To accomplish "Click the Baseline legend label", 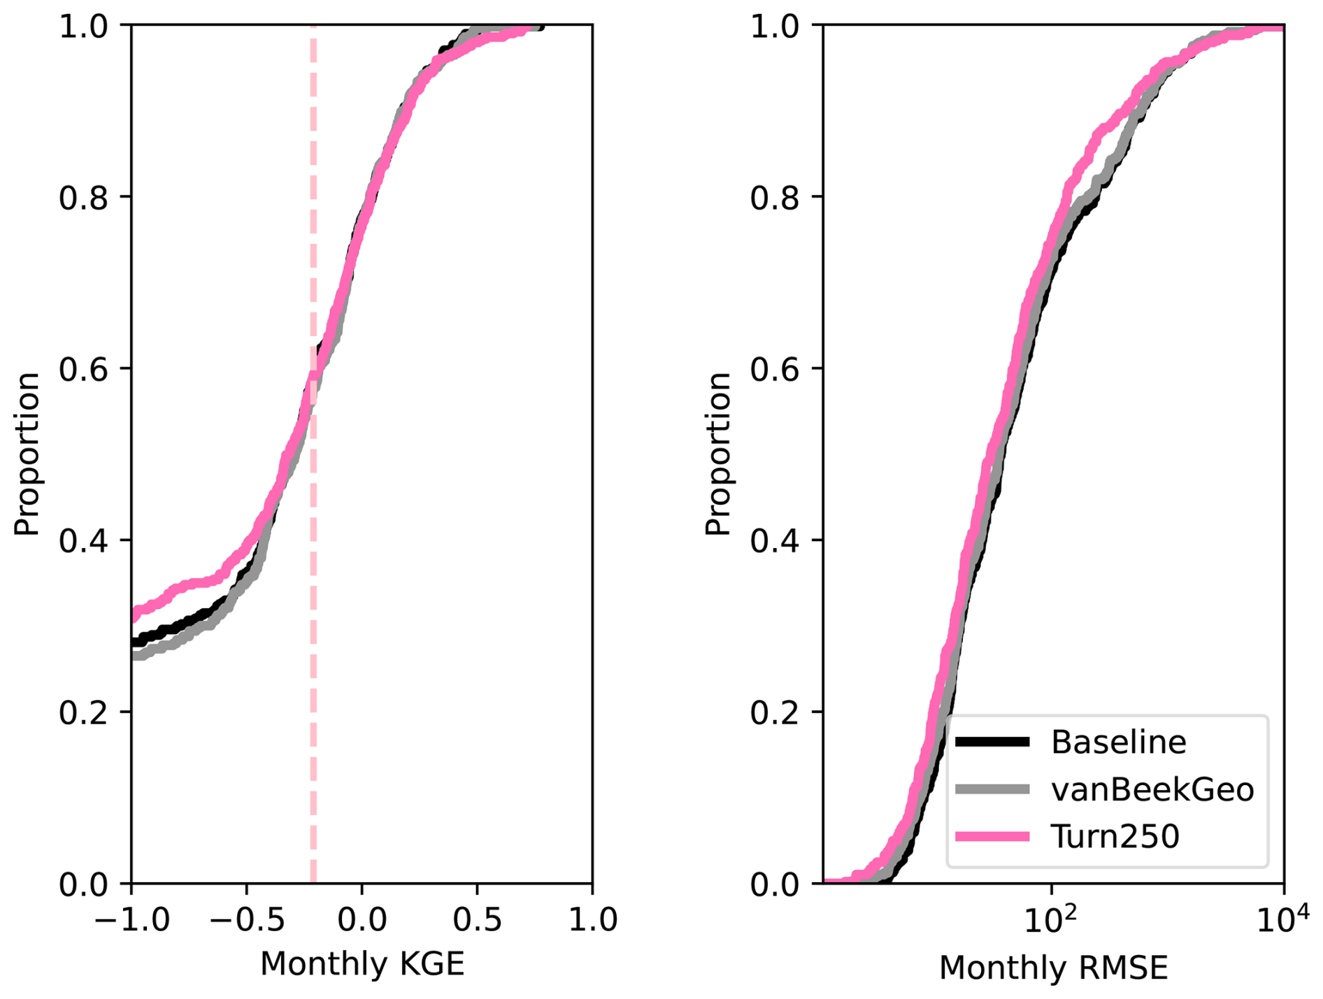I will click(x=1117, y=742).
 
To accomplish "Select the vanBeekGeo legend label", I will click(x=1152, y=789).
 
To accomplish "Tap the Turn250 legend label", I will click(x=1115, y=836).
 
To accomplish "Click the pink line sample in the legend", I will click(x=992, y=836).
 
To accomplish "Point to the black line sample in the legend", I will click(x=992, y=742).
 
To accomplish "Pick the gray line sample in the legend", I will click(x=992, y=789).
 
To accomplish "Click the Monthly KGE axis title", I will click(x=362, y=964).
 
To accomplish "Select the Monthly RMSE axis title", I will click(x=1053, y=968).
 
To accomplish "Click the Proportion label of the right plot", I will click(x=717, y=454).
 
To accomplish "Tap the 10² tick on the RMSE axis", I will click(x=1051, y=920).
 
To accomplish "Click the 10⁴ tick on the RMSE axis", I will click(x=1282, y=920).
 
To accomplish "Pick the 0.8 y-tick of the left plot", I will click(x=84, y=198).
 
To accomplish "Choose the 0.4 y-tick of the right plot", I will click(x=775, y=541).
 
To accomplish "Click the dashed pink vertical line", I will click(x=313, y=629).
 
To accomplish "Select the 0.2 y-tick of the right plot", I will click(x=775, y=713).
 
